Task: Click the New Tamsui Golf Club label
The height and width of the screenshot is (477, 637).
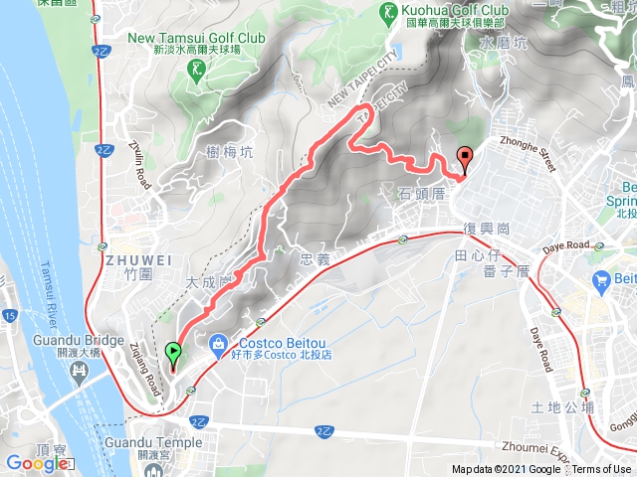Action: (197, 39)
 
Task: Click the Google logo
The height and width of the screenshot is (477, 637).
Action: (36, 463)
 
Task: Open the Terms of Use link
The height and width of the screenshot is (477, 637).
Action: (600, 470)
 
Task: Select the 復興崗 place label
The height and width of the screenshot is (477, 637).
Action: (488, 228)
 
